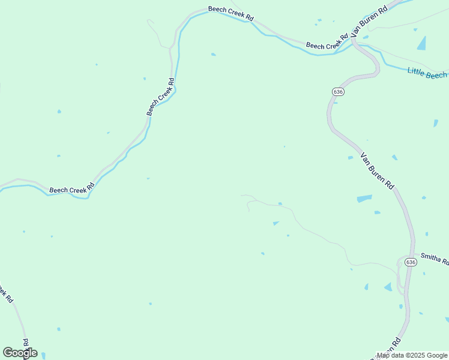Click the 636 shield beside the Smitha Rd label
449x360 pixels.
coord(410,262)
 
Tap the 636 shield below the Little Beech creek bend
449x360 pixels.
coord(337,91)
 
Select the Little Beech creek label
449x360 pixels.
coord(427,73)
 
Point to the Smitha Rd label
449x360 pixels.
coord(435,259)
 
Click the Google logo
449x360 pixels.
coord(20,353)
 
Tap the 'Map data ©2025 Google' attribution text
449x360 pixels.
coord(412,355)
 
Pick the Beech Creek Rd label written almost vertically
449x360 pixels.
coord(161,97)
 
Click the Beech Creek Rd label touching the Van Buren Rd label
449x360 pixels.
coord(327,42)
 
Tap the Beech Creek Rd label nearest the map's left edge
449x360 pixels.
coord(5,293)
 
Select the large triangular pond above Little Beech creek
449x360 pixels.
coord(422,43)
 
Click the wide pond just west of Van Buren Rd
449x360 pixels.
coord(364,199)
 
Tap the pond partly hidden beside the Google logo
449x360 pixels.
coord(42,355)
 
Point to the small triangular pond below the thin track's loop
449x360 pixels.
coord(276,223)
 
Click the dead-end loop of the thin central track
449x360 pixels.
coord(247,206)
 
